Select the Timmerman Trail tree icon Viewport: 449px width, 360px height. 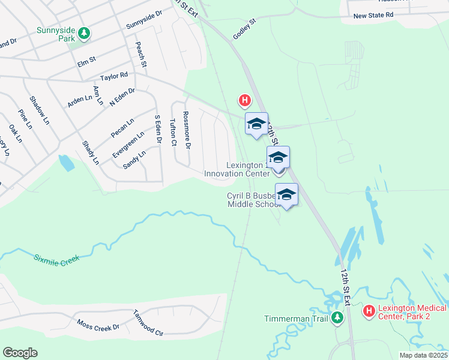(337, 317)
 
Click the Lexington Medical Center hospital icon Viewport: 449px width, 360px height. (368, 311)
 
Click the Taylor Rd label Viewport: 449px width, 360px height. (115, 76)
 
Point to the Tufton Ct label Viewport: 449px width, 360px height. (173, 132)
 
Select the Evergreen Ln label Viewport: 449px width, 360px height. (128, 145)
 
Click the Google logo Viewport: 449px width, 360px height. (20, 353)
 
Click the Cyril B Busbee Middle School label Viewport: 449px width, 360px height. (252, 200)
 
